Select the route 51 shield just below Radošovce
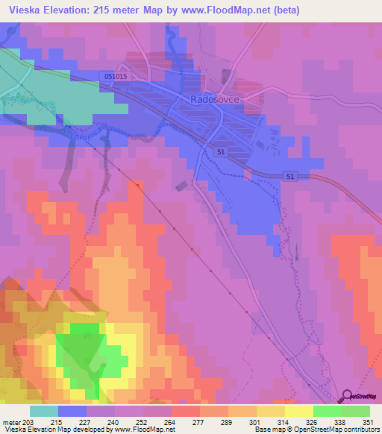tap(221, 152)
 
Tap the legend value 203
tap(29, 422)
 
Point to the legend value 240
tap(114, 422)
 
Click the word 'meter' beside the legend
tap(11, 422)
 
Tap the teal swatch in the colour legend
tap(43, 411)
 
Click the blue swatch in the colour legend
tap(72, 411)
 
